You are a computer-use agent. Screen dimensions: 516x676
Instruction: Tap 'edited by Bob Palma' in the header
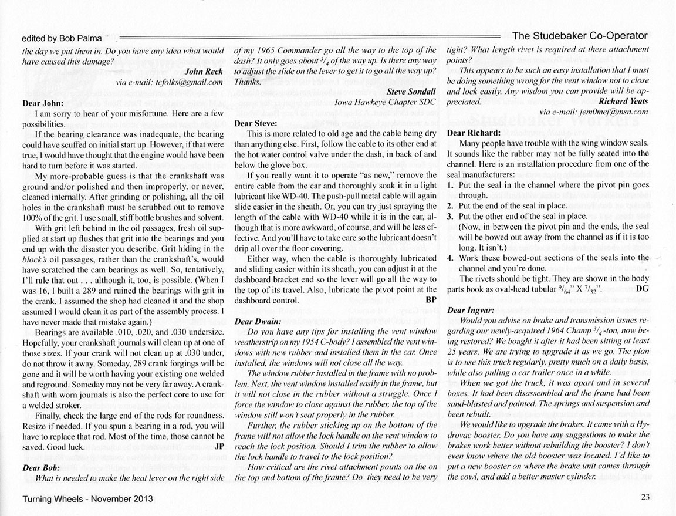pyautogui.click(x=60, y=38)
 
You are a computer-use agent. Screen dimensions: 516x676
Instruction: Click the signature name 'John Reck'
pyautogui.click(x=204, y=72)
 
